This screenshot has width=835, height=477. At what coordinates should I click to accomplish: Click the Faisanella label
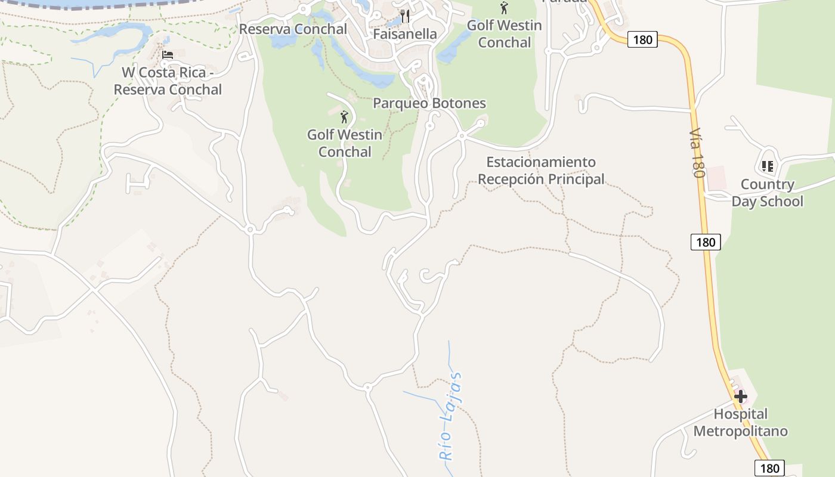[405, 34]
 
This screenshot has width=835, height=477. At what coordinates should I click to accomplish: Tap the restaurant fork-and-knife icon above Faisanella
[405, 16]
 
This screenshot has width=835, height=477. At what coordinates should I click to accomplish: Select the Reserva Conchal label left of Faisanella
[293, 29]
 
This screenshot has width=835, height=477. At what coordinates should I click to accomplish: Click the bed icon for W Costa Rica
[168, 55]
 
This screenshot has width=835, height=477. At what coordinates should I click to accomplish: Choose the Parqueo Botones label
[429, 103]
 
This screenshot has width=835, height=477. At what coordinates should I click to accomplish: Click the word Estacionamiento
[541, 162]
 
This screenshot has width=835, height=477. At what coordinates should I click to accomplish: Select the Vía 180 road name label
[697, 153]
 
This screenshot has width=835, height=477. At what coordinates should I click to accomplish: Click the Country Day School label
[767, 193]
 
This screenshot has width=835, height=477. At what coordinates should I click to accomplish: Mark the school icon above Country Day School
[767, 166]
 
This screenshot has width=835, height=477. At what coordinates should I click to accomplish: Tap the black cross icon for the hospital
[740, 396]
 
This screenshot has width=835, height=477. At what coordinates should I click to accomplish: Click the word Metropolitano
[740, 431]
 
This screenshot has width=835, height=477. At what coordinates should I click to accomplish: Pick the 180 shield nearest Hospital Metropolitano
[769, 468]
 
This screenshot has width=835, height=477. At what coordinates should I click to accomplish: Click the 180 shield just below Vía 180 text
[706, 242]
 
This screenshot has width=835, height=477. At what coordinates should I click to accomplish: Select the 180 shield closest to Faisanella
[642, 40]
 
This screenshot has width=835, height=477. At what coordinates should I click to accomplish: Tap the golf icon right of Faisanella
[504, 8]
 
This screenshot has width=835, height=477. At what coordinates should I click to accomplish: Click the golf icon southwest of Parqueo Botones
[344, 116]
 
